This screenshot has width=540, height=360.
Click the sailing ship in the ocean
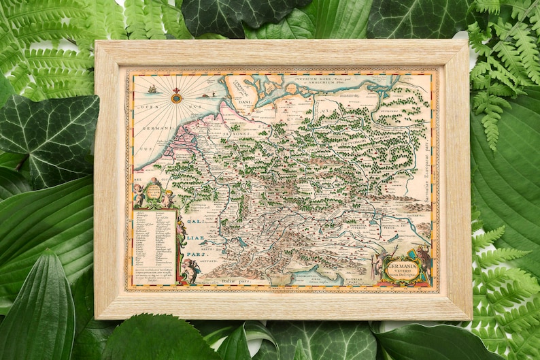click(x=153, y=88)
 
